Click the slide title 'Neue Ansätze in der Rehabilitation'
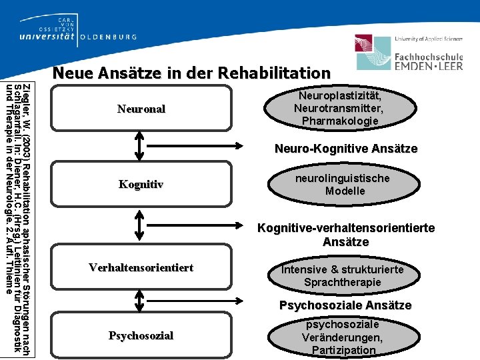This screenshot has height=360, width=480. [x=191, y=73]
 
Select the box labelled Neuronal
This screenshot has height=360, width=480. [x=141, y=109]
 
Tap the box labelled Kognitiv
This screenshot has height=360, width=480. [x=141, y=184]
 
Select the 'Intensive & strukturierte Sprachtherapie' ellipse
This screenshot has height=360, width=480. [x=342, y=275]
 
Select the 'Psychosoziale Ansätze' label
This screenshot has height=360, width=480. [x=345, y=305]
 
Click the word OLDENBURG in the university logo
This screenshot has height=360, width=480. [x=108, y=37]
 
